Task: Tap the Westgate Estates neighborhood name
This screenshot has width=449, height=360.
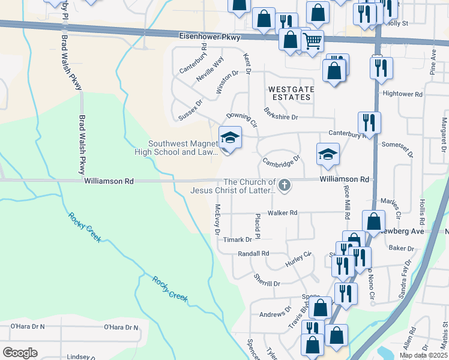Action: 291,92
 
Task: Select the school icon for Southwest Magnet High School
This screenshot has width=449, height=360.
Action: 230,139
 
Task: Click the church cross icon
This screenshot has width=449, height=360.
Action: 285,186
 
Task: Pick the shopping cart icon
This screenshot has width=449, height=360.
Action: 312,41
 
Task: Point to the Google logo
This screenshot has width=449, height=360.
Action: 20,352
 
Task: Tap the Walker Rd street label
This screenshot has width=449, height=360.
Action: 283,213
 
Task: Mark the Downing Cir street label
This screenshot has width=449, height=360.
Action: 241,120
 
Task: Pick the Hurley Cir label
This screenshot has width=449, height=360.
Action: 298,259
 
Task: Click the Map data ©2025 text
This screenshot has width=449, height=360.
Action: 423,355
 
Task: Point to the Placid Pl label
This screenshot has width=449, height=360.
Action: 257,226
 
